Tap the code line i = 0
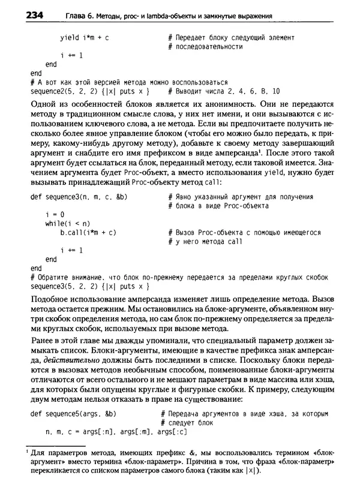pos(55,215)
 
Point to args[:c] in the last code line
pos(175,432)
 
